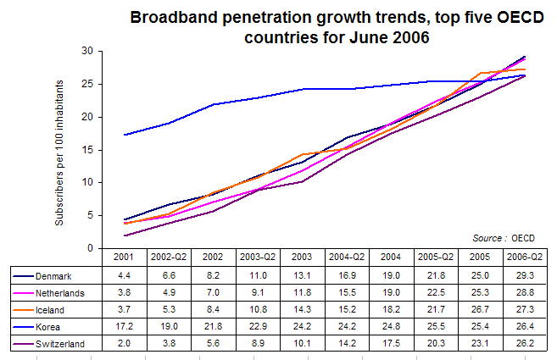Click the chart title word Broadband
(174, 17)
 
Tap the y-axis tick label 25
(87, 84)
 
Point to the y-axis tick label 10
(87, 182)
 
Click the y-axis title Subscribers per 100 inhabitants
(59, 152)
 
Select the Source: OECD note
(504, 238)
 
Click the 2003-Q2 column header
(258, 257)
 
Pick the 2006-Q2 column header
(525, 257)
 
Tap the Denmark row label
(53, 276)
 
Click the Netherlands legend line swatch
(24, 293)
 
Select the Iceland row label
(50, 310)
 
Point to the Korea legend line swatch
(24, 327)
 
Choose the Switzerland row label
(60, 344)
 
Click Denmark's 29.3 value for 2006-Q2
(525, 275)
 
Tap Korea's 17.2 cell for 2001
(124, 326)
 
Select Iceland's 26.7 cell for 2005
(480, 309)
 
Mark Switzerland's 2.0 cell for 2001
(124, 343)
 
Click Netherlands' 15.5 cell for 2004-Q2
(347, 292)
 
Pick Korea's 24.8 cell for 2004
(391, 326)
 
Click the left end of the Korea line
(124, 135)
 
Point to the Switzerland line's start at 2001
(124, 235)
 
